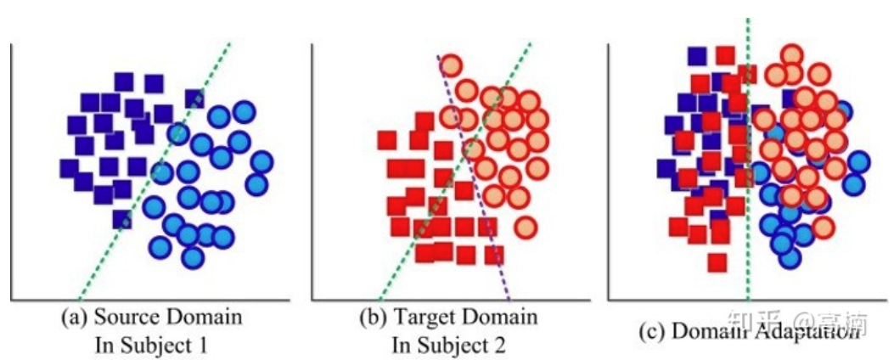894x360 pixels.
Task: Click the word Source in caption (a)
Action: pos(124,318)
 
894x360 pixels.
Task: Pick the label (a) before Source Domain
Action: pos(73,318)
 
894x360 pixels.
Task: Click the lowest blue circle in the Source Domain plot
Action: pos(192,256)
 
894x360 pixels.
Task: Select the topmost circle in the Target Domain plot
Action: pos(451,65)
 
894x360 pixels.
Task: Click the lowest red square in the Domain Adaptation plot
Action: pos(717,262)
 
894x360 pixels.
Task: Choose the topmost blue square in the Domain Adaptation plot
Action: pos(697,56)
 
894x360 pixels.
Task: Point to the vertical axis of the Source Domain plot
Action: pos(11,170)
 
